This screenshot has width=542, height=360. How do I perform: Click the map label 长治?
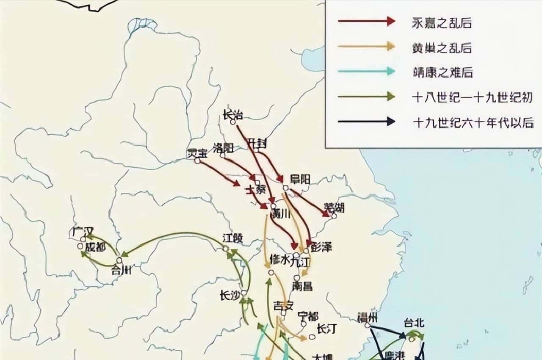(x=232, y=114)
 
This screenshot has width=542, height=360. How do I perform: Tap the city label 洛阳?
(x=223, y=148)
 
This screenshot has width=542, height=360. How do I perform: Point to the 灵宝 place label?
(x=197, y=154)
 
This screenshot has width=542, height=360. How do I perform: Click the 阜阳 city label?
(x=300, y=179)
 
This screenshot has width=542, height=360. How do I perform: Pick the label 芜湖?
(x=334, y=208)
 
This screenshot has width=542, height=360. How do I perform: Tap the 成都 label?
(x=95, y=247)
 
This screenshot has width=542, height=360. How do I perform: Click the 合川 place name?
(x=121, y=270)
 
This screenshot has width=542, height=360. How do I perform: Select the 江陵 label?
(x=232, y=238)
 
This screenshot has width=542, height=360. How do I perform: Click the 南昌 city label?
(x=302, y=286)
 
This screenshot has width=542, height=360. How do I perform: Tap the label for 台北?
(x=414, y=323)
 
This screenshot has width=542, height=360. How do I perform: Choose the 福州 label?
(x=367, y=318)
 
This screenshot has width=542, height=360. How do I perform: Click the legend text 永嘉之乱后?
(x=442, y=23)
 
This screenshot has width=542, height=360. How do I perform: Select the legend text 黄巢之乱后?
(x=442, y=48)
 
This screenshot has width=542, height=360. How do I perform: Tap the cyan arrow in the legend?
(x=366, y=72)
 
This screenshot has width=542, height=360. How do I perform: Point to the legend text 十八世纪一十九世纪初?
(x=472, y=97)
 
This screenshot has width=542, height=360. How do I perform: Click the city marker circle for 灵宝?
(x=197, y=161)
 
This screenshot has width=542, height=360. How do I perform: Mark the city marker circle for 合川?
(x=119, y=260)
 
